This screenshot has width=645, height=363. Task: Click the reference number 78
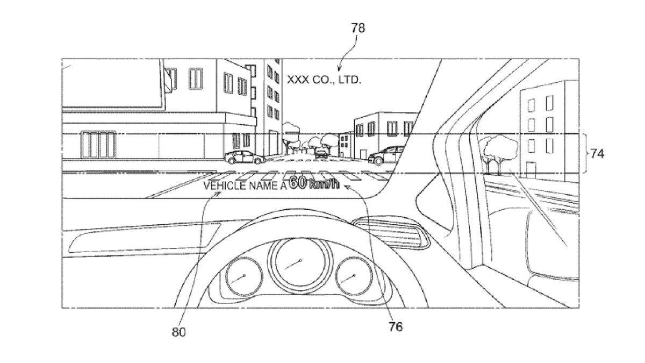[x=358, y=28]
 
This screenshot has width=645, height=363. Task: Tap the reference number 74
[x=597, y=154]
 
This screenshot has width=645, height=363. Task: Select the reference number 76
[x=395, y=326]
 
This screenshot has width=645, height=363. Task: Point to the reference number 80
[x=179, y=332]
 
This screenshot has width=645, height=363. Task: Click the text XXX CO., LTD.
[x=324, y=80]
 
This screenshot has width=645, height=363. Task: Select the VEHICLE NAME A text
[x=245, y=186]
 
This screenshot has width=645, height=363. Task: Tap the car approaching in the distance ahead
[x=321, y=153]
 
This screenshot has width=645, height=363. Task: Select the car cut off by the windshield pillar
[x=385, y=155]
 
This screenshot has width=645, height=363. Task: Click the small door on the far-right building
[x=531, y=168]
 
